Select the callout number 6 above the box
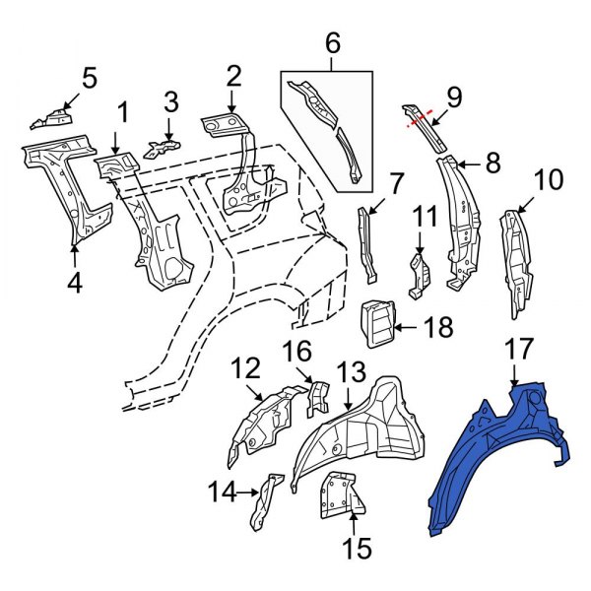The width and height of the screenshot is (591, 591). tap(332, 43)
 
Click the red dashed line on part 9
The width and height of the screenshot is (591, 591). tap(422, 117)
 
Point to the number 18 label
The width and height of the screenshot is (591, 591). tap(438, 326)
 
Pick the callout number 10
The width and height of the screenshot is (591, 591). tap(549, 181)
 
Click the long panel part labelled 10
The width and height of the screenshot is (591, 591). tap(515, 261)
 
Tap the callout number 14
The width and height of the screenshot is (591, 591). tap(224, 491)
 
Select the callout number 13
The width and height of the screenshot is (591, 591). tap(351, 372)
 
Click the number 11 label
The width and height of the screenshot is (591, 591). tap(424, 216)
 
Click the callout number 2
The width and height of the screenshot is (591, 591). tap(232, 77)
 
